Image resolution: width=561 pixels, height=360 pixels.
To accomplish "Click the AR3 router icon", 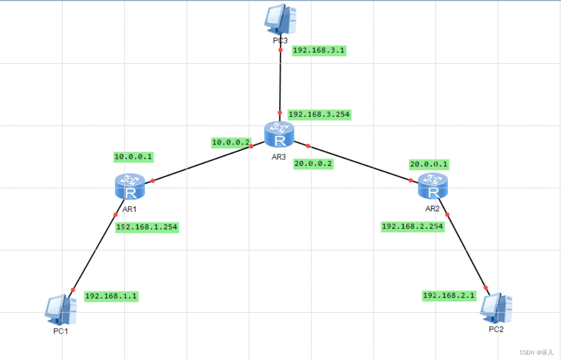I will (279, 134).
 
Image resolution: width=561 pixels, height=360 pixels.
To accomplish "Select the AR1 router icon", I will (129, 187).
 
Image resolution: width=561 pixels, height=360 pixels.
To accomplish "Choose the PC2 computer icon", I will (496, 307).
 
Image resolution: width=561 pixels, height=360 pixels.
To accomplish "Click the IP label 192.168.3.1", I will (319, 51).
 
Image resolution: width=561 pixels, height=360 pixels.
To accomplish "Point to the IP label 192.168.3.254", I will (319, 115).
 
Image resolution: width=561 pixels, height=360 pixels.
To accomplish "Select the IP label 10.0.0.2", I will (230, 142).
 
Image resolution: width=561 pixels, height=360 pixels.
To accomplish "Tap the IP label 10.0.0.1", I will (133, 157).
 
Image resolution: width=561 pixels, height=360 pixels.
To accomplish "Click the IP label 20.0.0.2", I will (313, 164).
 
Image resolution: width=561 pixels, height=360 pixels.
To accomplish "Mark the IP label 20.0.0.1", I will (429, 164).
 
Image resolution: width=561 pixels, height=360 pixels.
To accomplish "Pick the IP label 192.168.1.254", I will (146, 227).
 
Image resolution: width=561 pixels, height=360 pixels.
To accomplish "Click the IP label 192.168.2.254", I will (412, 227).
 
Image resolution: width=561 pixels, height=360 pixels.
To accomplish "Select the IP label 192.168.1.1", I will (111, 296).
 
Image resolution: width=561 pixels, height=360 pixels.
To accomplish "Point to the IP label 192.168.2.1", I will (449, 296).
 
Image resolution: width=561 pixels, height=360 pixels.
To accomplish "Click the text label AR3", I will (279, 157).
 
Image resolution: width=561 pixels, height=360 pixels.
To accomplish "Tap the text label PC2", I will (496, 329).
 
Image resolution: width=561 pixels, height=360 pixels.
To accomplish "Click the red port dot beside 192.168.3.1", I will (280, 50).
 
